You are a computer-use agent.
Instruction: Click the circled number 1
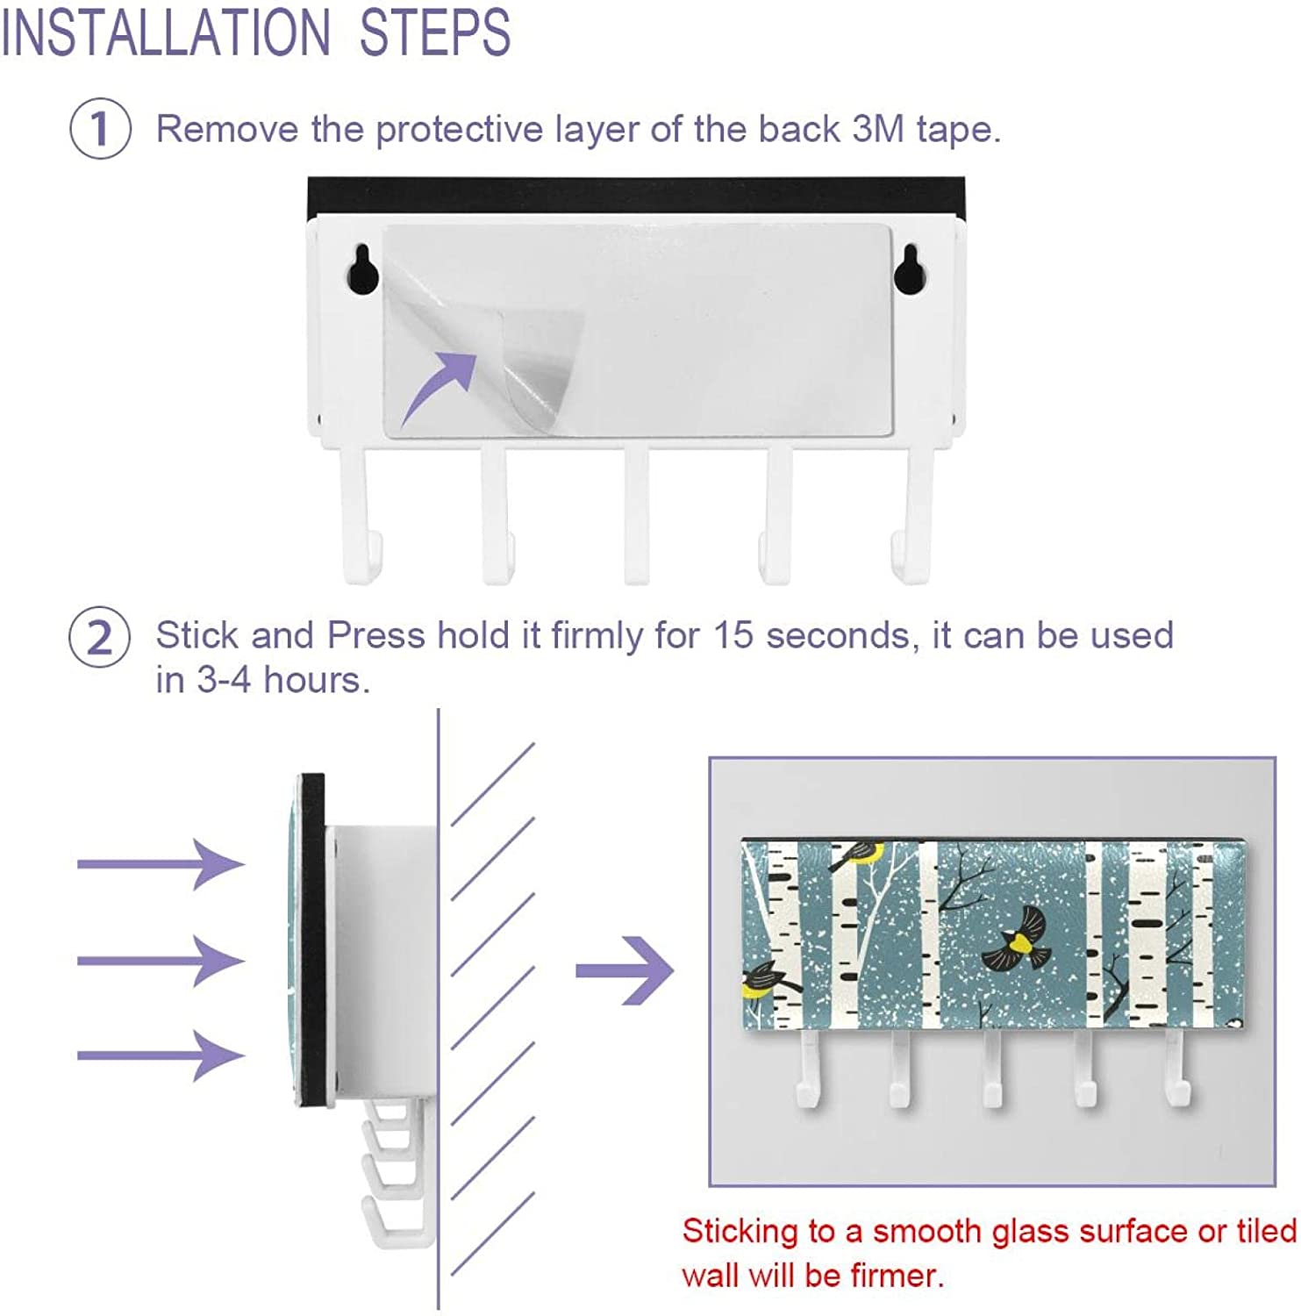pyautogui.click(x=100, y=129)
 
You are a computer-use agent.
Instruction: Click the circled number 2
pyautogui.click(x=100, y=637)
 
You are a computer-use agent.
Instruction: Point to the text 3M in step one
pyautogui.click(x=878, y=129)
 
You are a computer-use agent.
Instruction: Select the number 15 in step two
pyautogui.click(x=733, y=635)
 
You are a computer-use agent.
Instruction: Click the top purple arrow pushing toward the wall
pyautogui.click(x=161, y=864)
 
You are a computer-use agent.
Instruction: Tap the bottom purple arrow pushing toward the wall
pyautogui.click(x=161, y=1055)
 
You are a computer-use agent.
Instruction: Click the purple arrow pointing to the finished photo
pyautogui.click(x=625, y=970)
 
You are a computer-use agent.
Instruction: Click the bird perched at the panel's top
pyautogui.click(x=856, y=853)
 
